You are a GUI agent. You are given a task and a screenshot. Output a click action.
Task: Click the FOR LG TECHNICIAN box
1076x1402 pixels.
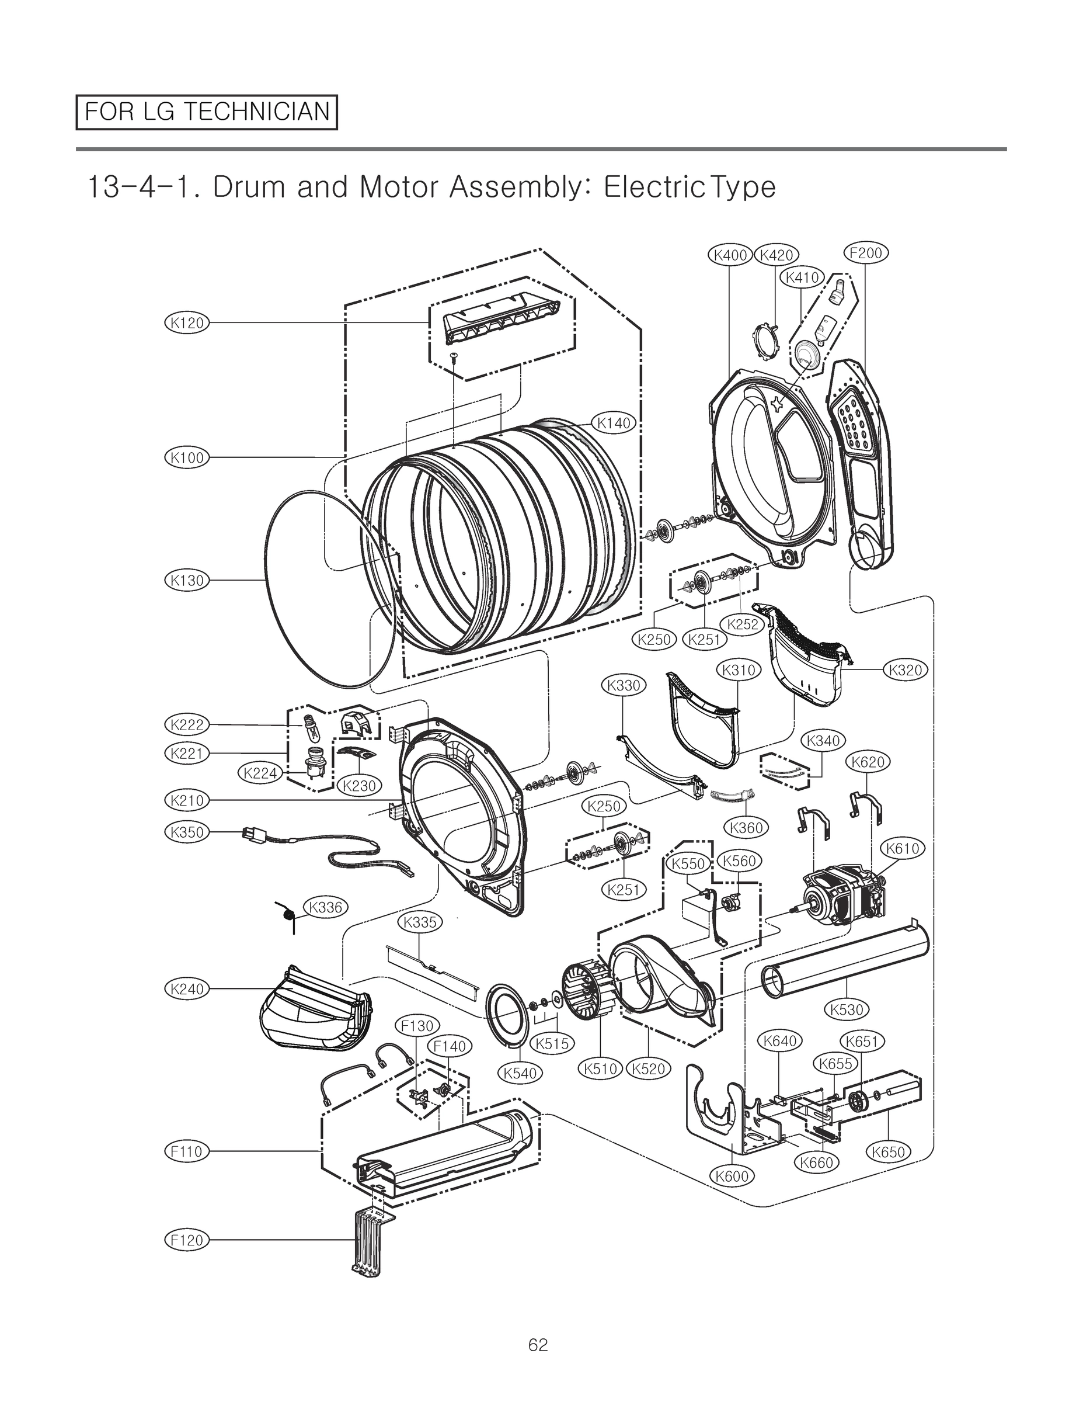coord(206,112)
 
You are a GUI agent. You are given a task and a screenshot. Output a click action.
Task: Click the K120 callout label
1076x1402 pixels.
coord(187,322)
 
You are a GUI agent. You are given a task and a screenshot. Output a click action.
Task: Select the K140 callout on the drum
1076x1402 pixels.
coord(614,423)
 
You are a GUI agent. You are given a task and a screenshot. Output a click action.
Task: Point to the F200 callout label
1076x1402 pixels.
coord(865,252)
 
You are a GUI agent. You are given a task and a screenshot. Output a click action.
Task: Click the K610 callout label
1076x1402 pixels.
coord(903,849)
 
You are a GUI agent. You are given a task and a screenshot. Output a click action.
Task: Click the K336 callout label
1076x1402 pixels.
coord(325,907)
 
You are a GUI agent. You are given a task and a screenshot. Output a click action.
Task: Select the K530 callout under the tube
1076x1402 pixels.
coord(847,1010)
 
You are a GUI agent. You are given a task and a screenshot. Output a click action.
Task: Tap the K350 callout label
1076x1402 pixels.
coord(187,832)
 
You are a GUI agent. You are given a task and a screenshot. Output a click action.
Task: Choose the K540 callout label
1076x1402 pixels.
coord(520,1073)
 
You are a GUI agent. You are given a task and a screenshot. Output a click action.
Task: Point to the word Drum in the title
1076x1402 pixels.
coord(249,187)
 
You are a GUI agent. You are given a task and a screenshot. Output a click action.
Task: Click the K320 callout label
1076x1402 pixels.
coord(906,670)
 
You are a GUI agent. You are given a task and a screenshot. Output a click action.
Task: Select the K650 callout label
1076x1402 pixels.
coord(889,1152)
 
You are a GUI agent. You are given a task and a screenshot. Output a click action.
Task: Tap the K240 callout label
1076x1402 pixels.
coord(187,989)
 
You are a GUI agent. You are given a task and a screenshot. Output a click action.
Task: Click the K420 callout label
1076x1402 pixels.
coord(776,255)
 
